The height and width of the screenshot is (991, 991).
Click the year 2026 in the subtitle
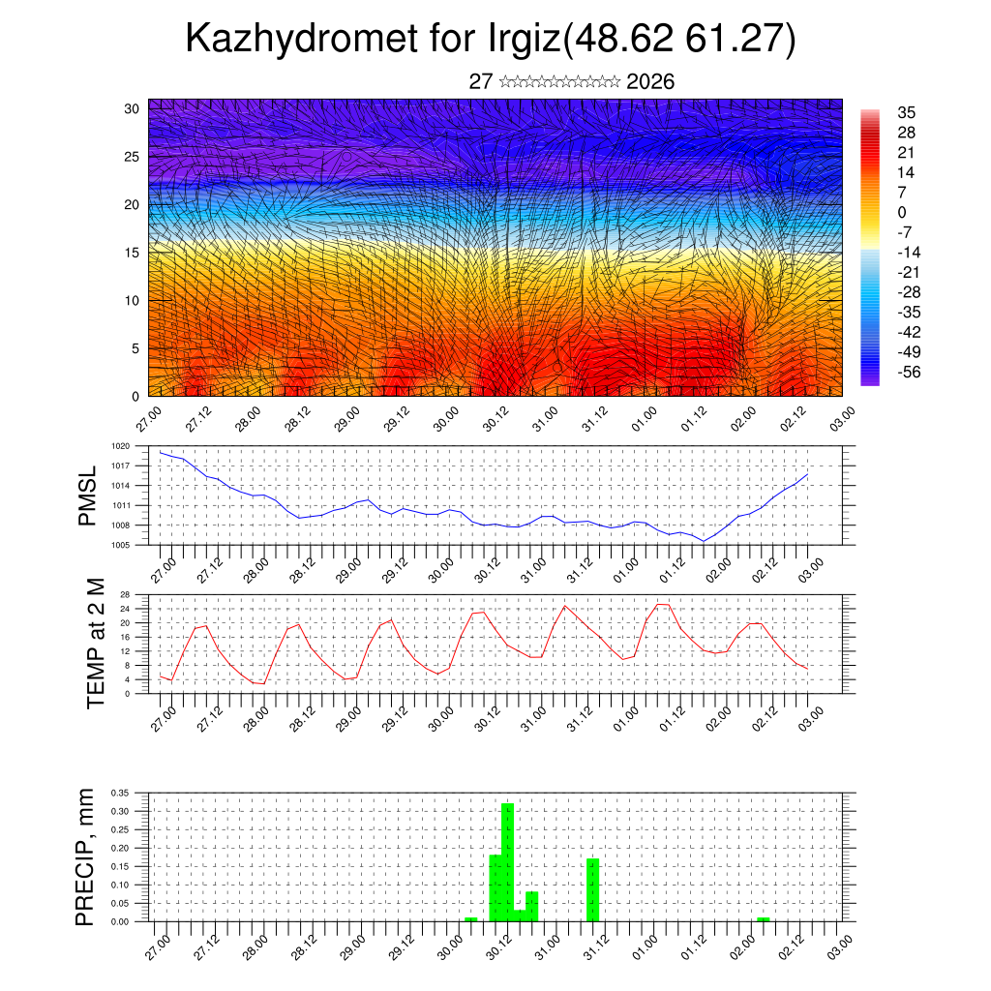[x=650, y=82]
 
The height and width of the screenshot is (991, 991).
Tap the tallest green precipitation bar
[x=507, y=861]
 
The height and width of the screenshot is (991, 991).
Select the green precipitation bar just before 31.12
[x=593, y=889]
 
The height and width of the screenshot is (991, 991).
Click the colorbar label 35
[x=907, y=112]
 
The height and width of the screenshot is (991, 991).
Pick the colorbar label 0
[x=902, y=212]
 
